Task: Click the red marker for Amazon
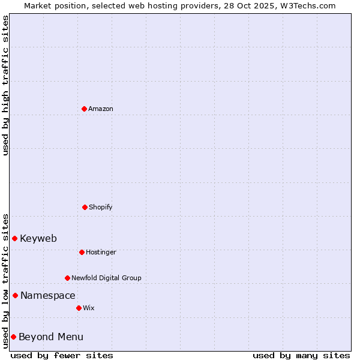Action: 84,109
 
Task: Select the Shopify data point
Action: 85,207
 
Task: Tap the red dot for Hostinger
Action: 82,252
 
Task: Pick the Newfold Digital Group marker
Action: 67,278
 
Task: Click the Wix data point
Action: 79,308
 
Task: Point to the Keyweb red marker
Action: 14,238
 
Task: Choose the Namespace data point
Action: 15,295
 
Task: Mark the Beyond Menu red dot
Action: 13,337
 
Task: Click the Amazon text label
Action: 101,109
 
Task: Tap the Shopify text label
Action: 101,207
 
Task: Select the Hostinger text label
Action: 101,252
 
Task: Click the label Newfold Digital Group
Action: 106,278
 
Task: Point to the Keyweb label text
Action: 38,238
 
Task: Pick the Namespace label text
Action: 48,295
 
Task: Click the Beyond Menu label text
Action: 51,337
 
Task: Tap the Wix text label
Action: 89,308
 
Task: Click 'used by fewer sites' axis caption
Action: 62,355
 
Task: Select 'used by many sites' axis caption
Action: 301,355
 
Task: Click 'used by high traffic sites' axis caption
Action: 5,85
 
